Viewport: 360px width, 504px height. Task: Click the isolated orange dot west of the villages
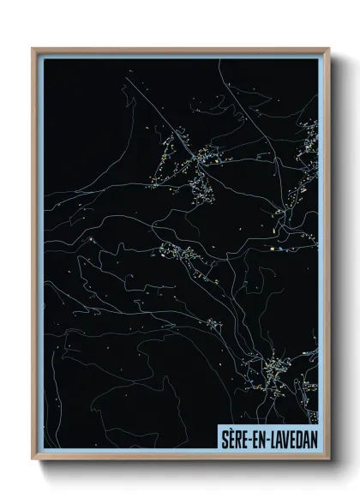[x=89, y=239]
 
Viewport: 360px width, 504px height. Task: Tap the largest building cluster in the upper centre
[x=204, y=157]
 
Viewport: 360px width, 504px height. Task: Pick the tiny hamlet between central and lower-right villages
[x=213, y=323]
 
